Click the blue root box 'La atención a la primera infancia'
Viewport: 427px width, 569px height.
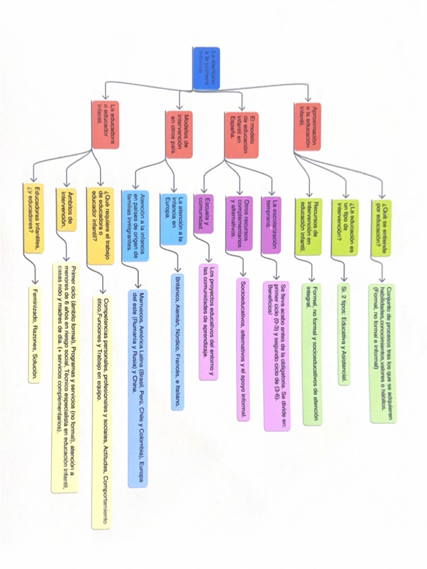[x=207, y=68]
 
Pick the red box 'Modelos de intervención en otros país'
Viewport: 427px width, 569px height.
[x=180, y=133]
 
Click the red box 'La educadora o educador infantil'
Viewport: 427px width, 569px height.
[x=106, y=124]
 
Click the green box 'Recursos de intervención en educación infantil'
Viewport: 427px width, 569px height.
[x=308, y=227]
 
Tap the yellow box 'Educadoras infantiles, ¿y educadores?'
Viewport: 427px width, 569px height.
[x=33, y=218]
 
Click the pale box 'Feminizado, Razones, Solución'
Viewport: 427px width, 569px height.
[x=34, y=335]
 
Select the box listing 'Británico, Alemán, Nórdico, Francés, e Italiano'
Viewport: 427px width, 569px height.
[x=177, y=341]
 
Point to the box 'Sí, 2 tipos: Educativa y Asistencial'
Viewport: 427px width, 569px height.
[x=344, y=334]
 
